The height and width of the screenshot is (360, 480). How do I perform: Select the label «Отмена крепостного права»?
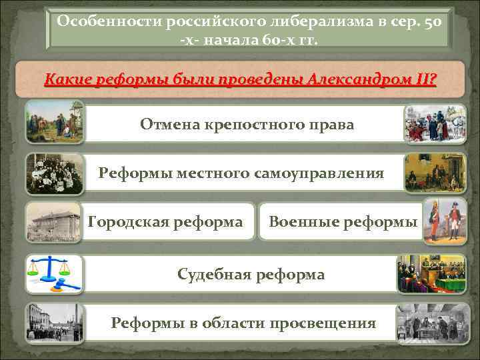tap(247, 125)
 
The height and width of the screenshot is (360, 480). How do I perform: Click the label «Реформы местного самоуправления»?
tap(241, 173)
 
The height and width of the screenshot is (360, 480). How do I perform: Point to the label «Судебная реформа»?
tap(251, 274)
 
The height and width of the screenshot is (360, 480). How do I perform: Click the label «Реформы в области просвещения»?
tap(243, 323)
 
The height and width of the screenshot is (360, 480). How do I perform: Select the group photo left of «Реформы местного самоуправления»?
tap(55, 173)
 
